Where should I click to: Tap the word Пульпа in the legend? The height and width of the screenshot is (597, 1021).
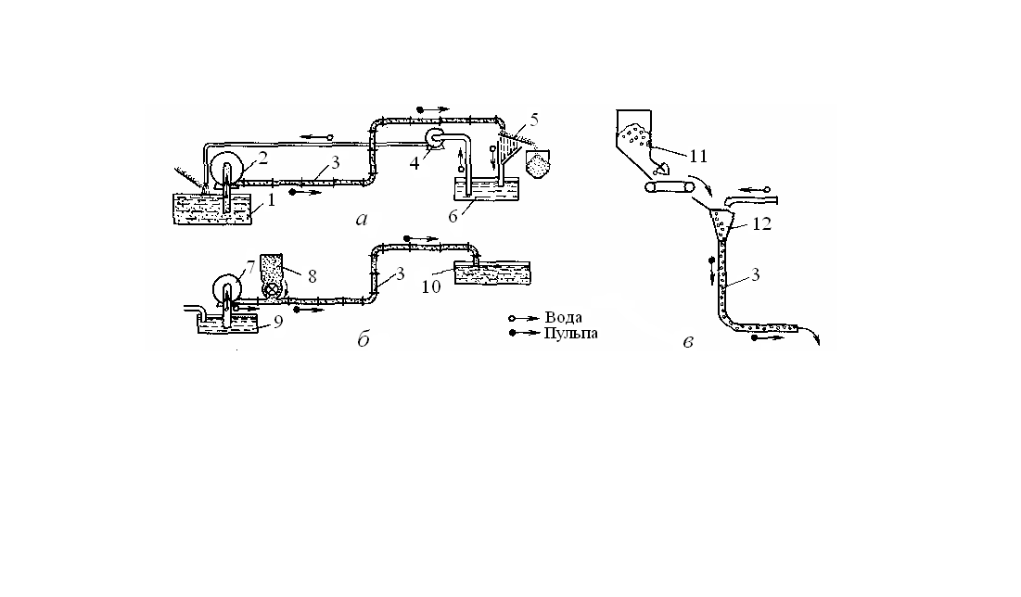(570, 333)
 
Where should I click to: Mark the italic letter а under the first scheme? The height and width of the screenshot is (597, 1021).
(363, 220)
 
